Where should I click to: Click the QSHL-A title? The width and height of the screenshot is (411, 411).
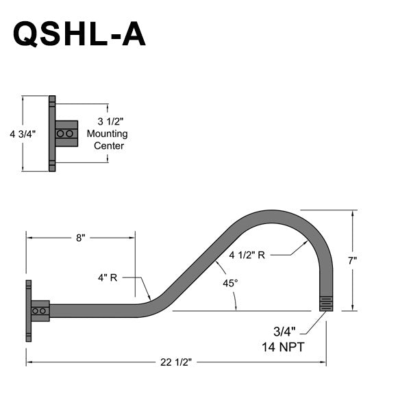[x=79, y=34]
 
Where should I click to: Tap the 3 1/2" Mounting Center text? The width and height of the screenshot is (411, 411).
[x=110, y=134]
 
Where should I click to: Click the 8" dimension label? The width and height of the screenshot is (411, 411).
[x=81, y=238]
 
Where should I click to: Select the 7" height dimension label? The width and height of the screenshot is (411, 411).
[x=352, y=261]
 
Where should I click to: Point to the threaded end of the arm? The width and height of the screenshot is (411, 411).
[x=327, y=303]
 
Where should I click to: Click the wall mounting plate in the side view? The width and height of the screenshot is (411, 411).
[x=29, y=310]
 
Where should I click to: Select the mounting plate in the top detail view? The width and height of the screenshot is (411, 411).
[x=52, y=134]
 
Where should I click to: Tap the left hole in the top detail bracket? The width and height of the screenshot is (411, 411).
[x=61, y=134]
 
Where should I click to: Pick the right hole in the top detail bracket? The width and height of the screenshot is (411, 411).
[x=69, y=134]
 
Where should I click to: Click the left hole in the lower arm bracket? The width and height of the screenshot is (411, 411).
[x=36, y=311]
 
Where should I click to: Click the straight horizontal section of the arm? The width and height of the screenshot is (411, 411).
[x=96, y=311]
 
